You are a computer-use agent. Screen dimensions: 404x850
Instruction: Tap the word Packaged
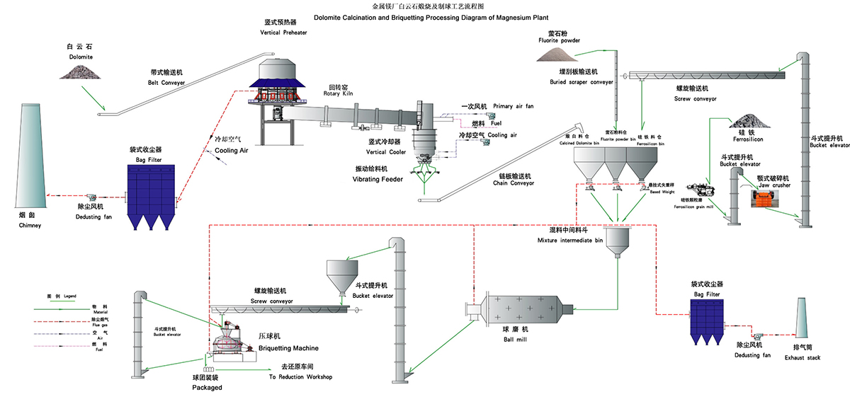[x=207, y=387]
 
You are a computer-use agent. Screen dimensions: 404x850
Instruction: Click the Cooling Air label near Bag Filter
[x=227, y=150]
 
